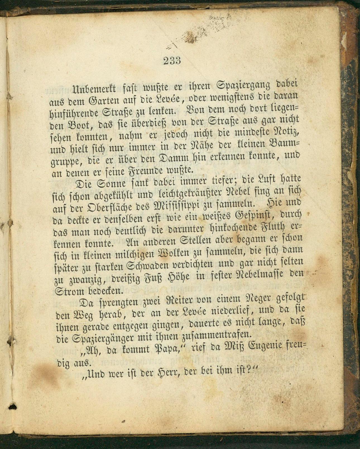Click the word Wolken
point(177,254)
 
